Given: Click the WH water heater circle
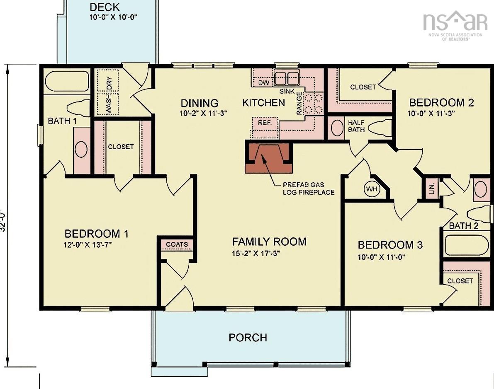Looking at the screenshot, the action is click(372, 189).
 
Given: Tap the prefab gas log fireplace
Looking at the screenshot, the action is click(269, 157).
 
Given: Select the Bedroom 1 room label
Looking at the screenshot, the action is click(96, 234).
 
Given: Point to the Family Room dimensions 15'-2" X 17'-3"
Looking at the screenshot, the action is click(256, 253).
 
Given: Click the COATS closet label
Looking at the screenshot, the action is click(177, 244).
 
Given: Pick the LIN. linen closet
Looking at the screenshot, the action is click(432, 189).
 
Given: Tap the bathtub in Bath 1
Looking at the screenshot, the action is click(68, 81).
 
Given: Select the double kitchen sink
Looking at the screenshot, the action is click(286, 78).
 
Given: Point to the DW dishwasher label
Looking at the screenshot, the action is click(264, 83).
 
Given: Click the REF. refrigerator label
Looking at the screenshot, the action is click(265, 123).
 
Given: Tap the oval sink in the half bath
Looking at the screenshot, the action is click(337, 128).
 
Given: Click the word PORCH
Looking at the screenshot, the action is click(248, 338).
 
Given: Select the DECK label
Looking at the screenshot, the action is click(105, 7).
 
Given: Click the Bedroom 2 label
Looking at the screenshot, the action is click(441, 103).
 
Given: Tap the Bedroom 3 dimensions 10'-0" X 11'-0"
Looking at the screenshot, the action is click(381, 257).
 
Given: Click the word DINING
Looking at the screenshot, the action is click(200, 103).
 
